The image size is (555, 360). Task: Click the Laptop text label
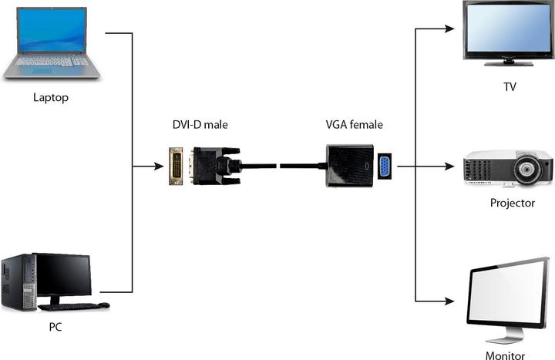(51, 98)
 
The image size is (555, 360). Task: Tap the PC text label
(55, 327)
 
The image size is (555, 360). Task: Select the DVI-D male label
(200, 124)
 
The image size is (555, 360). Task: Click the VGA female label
(355, 124)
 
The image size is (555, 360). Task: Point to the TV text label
(510, 87)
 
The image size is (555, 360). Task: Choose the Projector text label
(512, 204)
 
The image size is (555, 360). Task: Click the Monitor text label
(505, 355)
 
